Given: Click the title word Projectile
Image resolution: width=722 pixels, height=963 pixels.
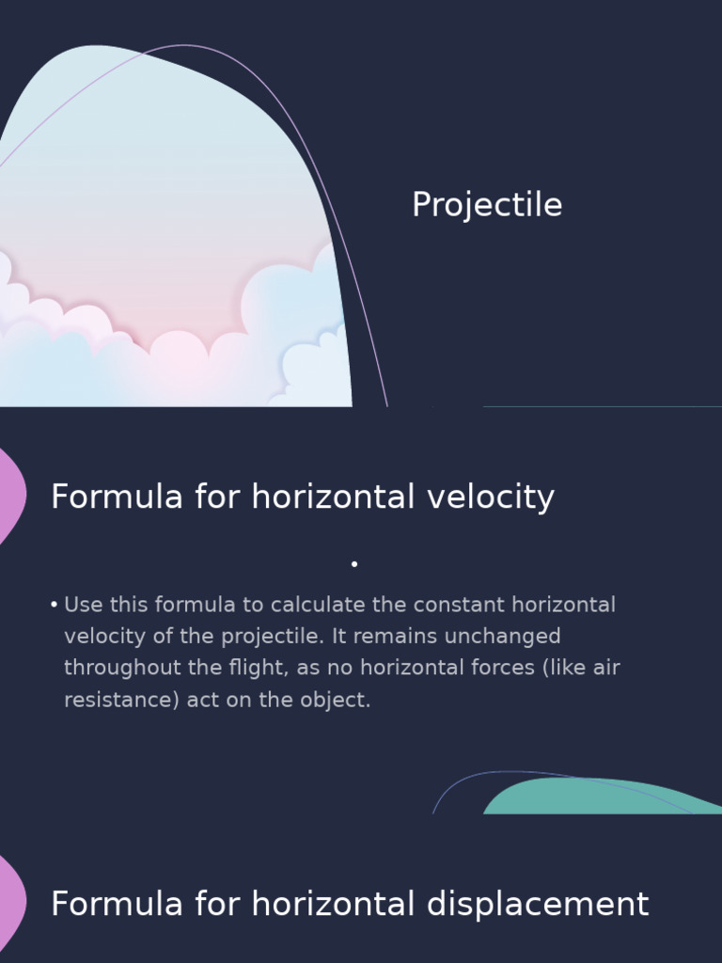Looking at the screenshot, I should [487, 205].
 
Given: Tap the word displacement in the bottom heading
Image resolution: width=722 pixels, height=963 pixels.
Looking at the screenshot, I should [538, 904].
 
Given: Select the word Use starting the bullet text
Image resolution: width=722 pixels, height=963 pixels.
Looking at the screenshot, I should [84, 605].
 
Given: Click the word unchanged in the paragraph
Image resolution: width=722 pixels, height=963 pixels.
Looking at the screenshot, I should [502, 637].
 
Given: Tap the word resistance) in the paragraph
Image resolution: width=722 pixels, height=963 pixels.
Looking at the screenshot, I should [121, 701].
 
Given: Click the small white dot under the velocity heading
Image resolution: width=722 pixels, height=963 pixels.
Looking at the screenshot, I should [354, 564].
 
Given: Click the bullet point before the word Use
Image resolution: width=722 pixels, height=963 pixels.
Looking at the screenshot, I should [55, 605].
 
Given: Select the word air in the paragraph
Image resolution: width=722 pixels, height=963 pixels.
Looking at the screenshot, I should [604, 669].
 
